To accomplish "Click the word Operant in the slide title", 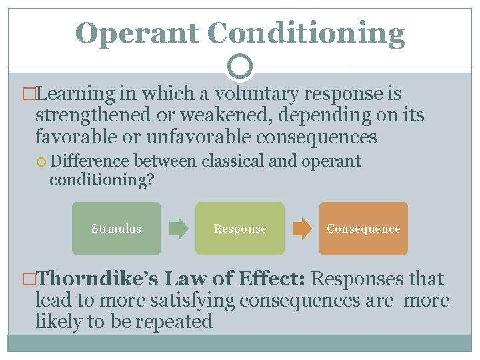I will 137,33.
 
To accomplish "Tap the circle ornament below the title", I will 240,67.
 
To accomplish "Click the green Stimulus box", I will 116,229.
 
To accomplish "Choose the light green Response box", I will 239,229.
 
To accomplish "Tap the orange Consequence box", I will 363,229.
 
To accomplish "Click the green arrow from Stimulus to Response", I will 178,229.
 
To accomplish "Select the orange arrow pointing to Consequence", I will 302,229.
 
